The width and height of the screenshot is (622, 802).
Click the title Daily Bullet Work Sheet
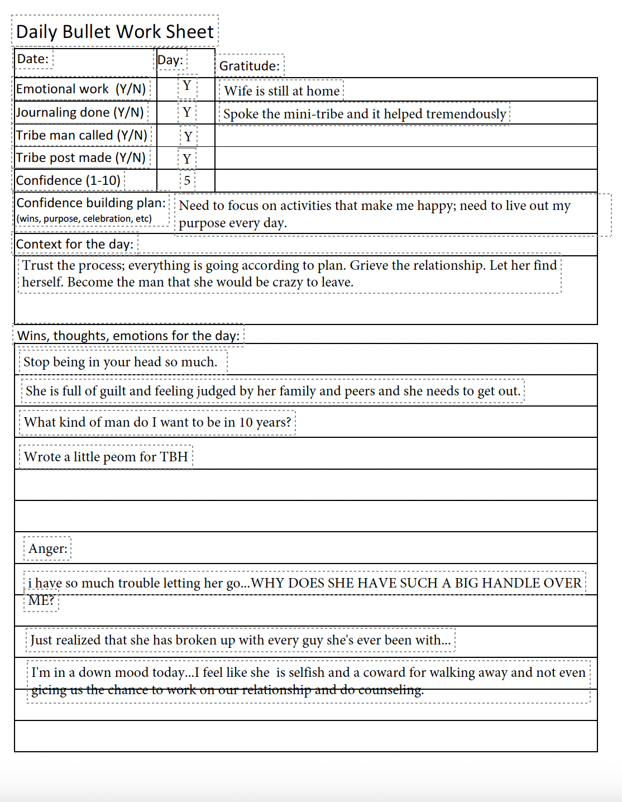[x=114, y=31]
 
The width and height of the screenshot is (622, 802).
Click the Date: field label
[x=33, y=59]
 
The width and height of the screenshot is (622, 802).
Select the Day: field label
[x=170, y=60]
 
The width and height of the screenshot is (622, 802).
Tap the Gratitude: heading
[x=250, y=66]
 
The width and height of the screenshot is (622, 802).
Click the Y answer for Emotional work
[x=187, y=85]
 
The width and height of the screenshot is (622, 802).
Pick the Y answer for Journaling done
[x=187, y=112]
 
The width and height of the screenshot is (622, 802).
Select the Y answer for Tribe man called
[x=188, y=136]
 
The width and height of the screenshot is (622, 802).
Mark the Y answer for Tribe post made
[x=187, y=159]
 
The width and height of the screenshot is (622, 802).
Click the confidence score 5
[x=187, y=180]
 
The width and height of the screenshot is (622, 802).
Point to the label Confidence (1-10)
[x=68, y=180]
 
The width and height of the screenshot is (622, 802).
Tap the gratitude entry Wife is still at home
[x=281, y=91]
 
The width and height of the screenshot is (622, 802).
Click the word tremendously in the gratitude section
[x=466, y=114]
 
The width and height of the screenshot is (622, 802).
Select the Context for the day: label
[x=75, y=244]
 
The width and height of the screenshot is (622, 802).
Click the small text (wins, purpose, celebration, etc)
[x=84, y=218]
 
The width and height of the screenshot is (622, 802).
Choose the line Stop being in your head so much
[x=120, y=362]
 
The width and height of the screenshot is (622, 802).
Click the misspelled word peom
[x=121, y=457]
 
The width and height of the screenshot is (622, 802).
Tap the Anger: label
[x=48, y=548]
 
